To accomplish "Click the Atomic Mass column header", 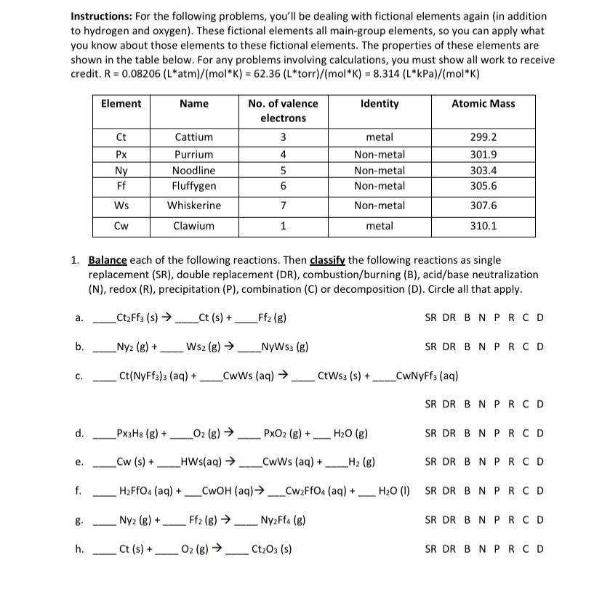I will point(483,104).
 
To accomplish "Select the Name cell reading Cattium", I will point(194,137).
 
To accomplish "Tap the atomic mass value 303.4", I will point(483,170).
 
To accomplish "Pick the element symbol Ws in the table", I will point(121,206).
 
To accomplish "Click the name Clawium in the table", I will point(194,226).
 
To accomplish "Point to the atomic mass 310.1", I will point(483,226).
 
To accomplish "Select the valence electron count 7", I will point(283,206).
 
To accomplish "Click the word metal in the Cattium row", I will point(380,137).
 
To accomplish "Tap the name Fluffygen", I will point(194,186).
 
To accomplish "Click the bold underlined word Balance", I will point(108,260).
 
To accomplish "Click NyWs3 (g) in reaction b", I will point(284,346).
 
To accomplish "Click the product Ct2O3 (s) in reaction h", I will point(272,549).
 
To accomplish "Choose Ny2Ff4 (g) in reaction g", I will point(283,520).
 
